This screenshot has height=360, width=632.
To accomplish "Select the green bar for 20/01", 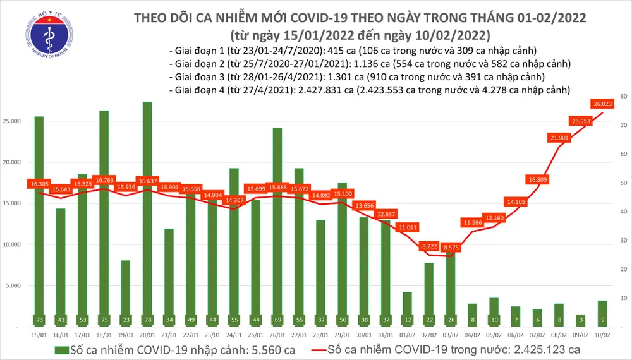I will (x=147, y=215).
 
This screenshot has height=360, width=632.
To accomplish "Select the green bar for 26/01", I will (x=277, y=227).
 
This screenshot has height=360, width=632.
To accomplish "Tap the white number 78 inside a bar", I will (x=147, y=320).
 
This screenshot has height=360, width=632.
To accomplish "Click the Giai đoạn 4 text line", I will (x=369, y=90).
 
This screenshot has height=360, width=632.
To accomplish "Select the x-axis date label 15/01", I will (x=39, y=335).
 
